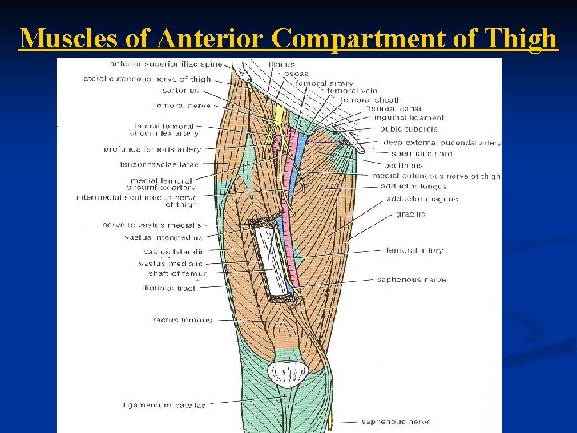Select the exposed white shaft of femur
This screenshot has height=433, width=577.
pyautogui.click(x=270, y=261)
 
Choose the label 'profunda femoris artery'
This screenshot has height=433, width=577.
pyautogui.click(x=152, y=149)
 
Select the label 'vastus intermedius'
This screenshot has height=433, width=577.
pyautogui.click(x=163, y=237)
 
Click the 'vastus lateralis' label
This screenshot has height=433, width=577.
pyautogui.click(x=173, y=252)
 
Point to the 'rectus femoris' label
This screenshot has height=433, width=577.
pyautogui.click(x=182, y=320)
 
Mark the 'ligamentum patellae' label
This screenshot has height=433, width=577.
pyautogui.click(x=164, y=405)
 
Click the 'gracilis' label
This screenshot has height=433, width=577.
pyautogui.click(x=410, y=214)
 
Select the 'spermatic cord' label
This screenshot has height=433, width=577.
pyautogui.click(x=422, y=153)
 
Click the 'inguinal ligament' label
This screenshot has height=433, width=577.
pyautogui.click(x=409, y=118)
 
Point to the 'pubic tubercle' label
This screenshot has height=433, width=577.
pyautogui.click(x=409, y=128)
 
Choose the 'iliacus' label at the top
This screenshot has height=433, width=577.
pyautogui.click(x=281, y=64)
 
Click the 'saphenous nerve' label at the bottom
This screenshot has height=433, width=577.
pyautogui.click(x=396, y=422)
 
